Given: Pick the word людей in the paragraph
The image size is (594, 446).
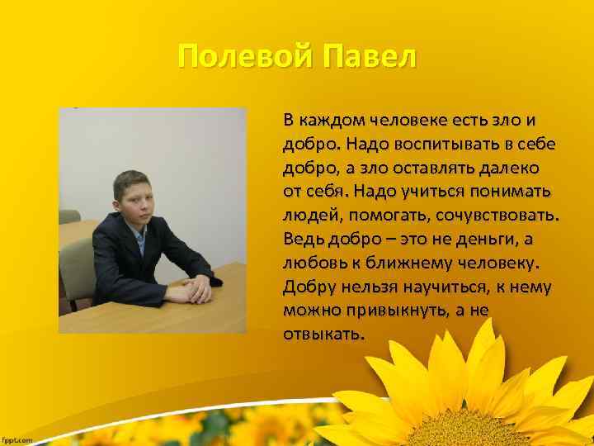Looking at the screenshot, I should (x=308, y=216).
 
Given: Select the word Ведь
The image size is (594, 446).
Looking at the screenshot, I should (x=301, y=240).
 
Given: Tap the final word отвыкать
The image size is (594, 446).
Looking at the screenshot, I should (x=323, y=335).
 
